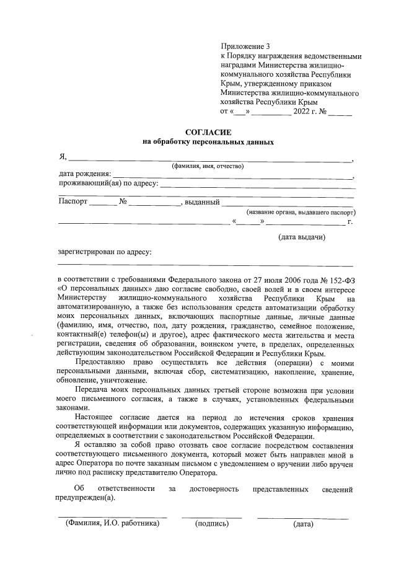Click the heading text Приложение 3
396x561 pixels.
pos(246,46)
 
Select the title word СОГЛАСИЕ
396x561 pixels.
pos(208,133)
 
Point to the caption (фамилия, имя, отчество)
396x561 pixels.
pos(208,166)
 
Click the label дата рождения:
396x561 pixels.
pos(85,174)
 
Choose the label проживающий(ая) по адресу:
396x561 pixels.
pos(108,183)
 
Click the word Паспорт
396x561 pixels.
pos(73,202)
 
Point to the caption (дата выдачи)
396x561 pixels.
pos(301,237)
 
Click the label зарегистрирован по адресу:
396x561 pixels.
pos(104,252)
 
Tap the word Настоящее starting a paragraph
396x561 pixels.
pos(94,417)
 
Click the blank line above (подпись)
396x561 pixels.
pos(211,517)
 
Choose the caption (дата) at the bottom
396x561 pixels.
pos(303,524)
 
